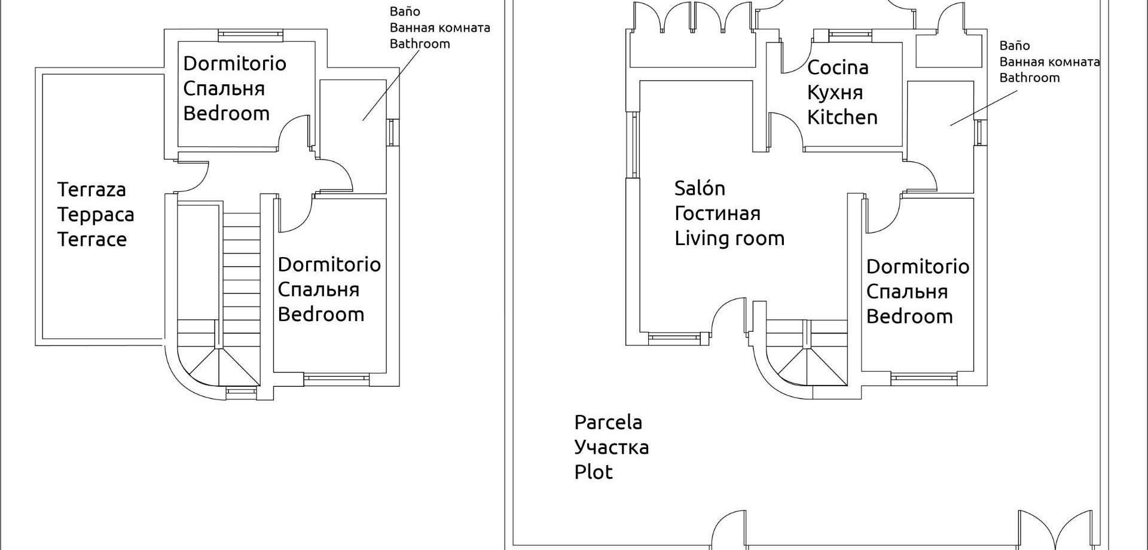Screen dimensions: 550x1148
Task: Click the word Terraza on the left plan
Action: click(91, 190)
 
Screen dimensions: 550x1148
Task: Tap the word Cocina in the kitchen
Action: click(837, 68)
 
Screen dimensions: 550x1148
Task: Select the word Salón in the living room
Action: click(700, 188)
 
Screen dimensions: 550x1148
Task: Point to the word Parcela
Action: click(608, 423)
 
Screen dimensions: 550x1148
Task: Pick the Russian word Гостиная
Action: click(717, 213)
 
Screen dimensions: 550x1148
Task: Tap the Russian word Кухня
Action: click(835, 93)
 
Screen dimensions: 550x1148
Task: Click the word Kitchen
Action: click(842, 117)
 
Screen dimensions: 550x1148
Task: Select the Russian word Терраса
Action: click(96, 215)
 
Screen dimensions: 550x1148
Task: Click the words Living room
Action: click(729, 239)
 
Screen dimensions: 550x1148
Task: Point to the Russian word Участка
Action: click(611, 447)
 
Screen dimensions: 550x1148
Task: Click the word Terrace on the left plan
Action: click(92, 240)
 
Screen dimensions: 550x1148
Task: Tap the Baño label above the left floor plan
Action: click(405, 11)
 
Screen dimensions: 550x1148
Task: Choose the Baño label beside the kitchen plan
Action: click(1015, 45)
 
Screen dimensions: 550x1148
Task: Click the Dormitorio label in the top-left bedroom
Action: click(234, 63)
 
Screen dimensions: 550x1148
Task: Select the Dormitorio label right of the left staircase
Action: click(329, 264)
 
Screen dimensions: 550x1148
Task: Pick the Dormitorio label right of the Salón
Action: click(917, 267)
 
